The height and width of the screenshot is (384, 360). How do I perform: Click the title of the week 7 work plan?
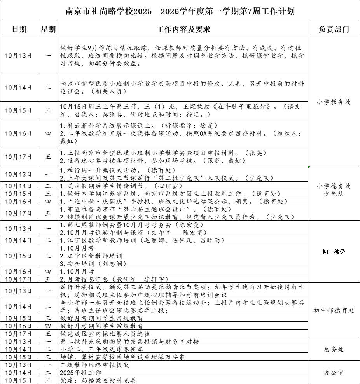click(180, 11)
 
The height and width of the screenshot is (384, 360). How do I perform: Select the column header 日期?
click(19, 30)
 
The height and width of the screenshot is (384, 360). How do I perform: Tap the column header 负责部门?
click(334, 30)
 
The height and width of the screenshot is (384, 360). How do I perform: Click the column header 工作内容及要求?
click(183, 30)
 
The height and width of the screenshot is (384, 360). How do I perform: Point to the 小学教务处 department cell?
click(334, 102)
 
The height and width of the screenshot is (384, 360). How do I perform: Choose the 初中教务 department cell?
click(334, 252)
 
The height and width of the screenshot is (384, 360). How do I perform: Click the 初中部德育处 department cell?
click(334, 310)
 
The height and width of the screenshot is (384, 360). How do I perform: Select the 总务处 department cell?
click(334, 349)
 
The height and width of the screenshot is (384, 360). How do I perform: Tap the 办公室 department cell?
click(334, 373)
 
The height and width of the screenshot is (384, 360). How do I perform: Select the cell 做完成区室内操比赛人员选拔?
click(105, 333)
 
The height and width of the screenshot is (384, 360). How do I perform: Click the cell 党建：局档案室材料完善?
click(98, 380)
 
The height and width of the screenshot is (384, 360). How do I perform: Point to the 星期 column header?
click(48, 30)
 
